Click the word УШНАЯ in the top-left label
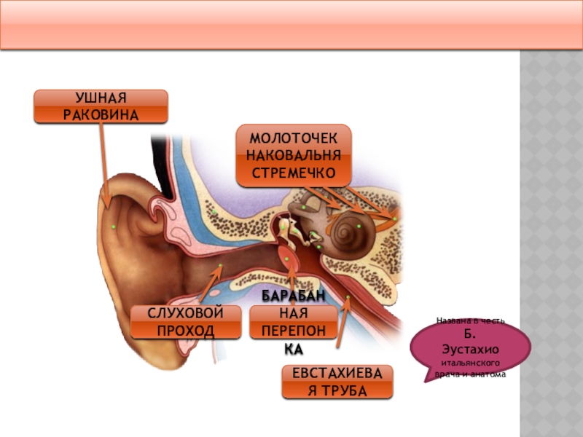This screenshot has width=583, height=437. [101, 98]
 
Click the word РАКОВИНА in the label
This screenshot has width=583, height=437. [101, 114]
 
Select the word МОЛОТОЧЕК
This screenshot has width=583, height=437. [293, 138]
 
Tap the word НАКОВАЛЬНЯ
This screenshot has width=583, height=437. [293, 155]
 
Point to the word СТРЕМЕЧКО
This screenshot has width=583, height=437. [293, 172]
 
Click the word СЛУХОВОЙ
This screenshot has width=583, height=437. [185, 314]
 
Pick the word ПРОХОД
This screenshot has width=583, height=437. [185, 331]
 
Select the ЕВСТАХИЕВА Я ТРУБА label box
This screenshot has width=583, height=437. [337, 382]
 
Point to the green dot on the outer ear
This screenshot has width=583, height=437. [114, 227]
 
